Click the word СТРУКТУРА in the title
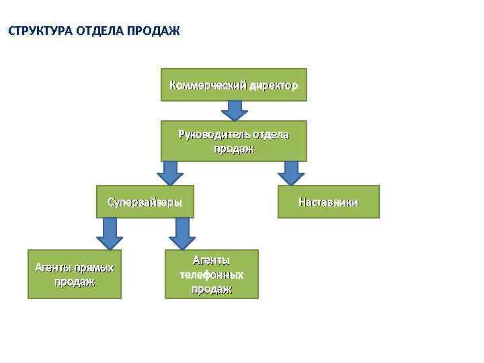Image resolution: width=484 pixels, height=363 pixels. tap(40, 32)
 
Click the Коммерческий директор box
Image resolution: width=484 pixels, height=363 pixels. tap(233, 85)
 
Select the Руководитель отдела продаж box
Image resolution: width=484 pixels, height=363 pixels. tap(233, 141)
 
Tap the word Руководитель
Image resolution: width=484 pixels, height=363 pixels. tap(211, 134)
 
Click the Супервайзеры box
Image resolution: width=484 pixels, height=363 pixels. tap(145, 202)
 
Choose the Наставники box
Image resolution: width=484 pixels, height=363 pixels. tap(329, 202)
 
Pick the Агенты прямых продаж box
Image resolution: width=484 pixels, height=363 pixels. tap(75, 274)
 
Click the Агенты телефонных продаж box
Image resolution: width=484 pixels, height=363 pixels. tap(211, 274)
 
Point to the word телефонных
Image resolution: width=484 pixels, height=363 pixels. tap(211, 275)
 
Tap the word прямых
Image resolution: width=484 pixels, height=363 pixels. tap(94, 268)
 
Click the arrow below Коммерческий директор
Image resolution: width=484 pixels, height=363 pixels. tap(234, 110)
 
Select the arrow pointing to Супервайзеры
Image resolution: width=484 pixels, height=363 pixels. tap(170, 173)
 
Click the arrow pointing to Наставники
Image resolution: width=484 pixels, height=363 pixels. tap(291, 173)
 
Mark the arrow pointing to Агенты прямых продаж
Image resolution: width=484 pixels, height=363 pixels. tap(110, 233)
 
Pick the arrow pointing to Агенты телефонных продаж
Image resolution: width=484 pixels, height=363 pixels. tap(182, 233)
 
